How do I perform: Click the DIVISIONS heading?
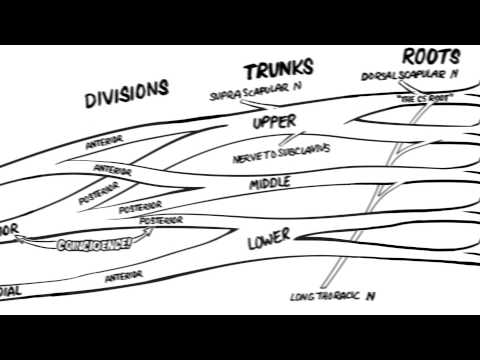[x=126, y=92]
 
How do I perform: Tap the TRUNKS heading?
[x=279, y=71]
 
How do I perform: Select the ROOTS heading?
[x=430, y=56]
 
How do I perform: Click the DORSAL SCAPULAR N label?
[x=411, y=76]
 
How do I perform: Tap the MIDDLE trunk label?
[x=269, y=184]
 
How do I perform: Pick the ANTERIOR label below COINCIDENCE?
[x=124, y=274]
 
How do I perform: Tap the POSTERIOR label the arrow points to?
[x=161, y=219]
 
